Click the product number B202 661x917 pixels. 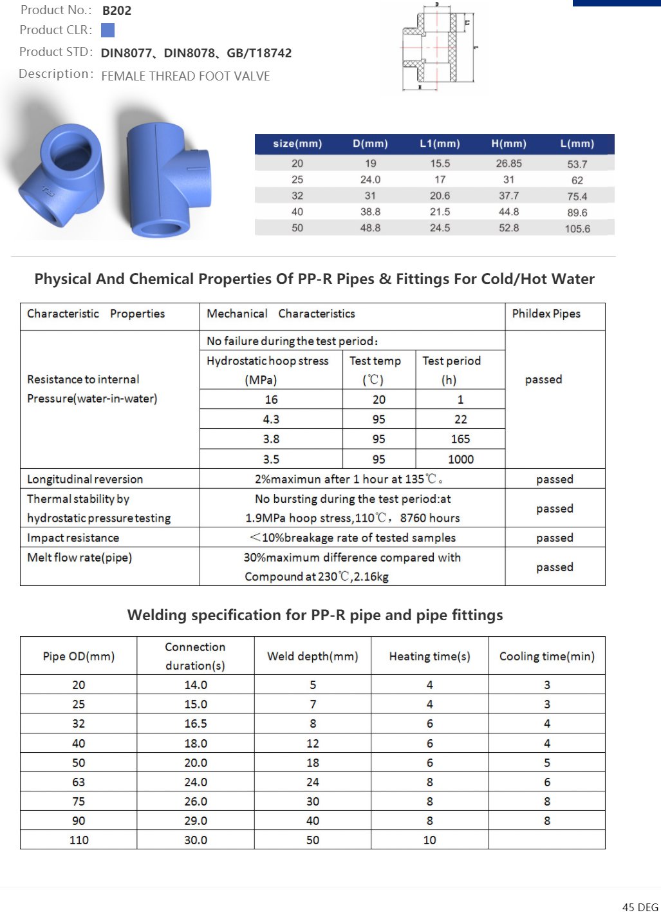click(116, 10)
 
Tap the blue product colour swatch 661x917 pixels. click(108, 30)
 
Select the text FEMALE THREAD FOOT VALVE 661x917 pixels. click(185, 76)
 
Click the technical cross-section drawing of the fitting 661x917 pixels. click(437, 48)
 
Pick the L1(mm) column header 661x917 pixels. click(440, 144)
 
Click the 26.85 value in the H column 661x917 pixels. click(508, 164)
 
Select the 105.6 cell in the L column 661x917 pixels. click(577, 229)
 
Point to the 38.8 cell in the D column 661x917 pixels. click(370, 212)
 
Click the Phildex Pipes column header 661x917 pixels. click(546, 314)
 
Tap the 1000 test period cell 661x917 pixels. click(461, 459)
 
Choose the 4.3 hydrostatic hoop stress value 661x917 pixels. click(271, 419)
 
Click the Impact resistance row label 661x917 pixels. click(73, 538)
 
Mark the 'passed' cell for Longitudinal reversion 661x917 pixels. click(554, 479)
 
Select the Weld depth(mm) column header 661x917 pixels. click(312, 656)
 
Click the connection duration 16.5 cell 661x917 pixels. click(196, 724)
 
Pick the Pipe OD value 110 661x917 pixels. click(79, 840)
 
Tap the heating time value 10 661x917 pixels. click(429, 840)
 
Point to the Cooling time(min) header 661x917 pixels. click(546, 656)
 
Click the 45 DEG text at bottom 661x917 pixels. click(640, 907)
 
